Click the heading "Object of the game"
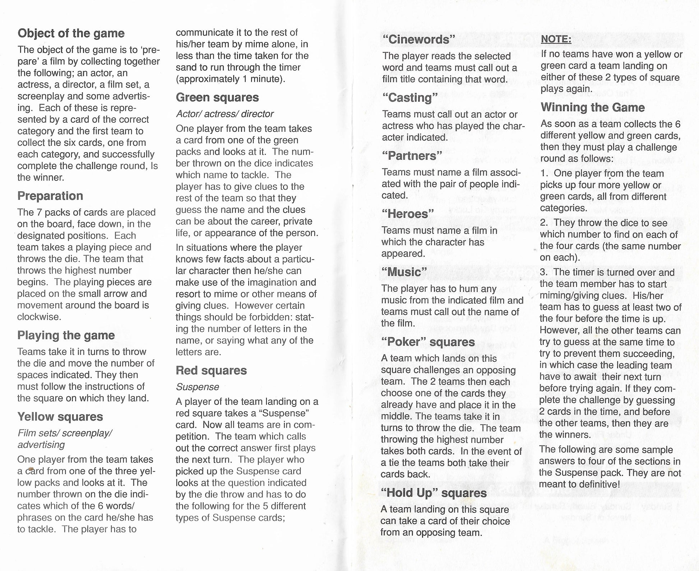click(71, 33)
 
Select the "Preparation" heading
click(50, 196)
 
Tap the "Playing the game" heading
click(66, 335)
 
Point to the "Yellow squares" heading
click(60, 417)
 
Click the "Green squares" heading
click(217, 98)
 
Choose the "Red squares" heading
click(211, 370)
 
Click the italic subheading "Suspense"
click(197, 387)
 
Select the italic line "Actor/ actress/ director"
click(224, 114)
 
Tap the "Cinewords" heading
click(419, 39)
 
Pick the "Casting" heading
click(410, 98)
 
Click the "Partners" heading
click(412, 156)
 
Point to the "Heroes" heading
click(408, 214)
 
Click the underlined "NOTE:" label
click(556, 39)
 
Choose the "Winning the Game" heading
click(593, 107)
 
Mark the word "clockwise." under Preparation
click(39, 317)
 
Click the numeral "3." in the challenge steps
click(544, 272)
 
